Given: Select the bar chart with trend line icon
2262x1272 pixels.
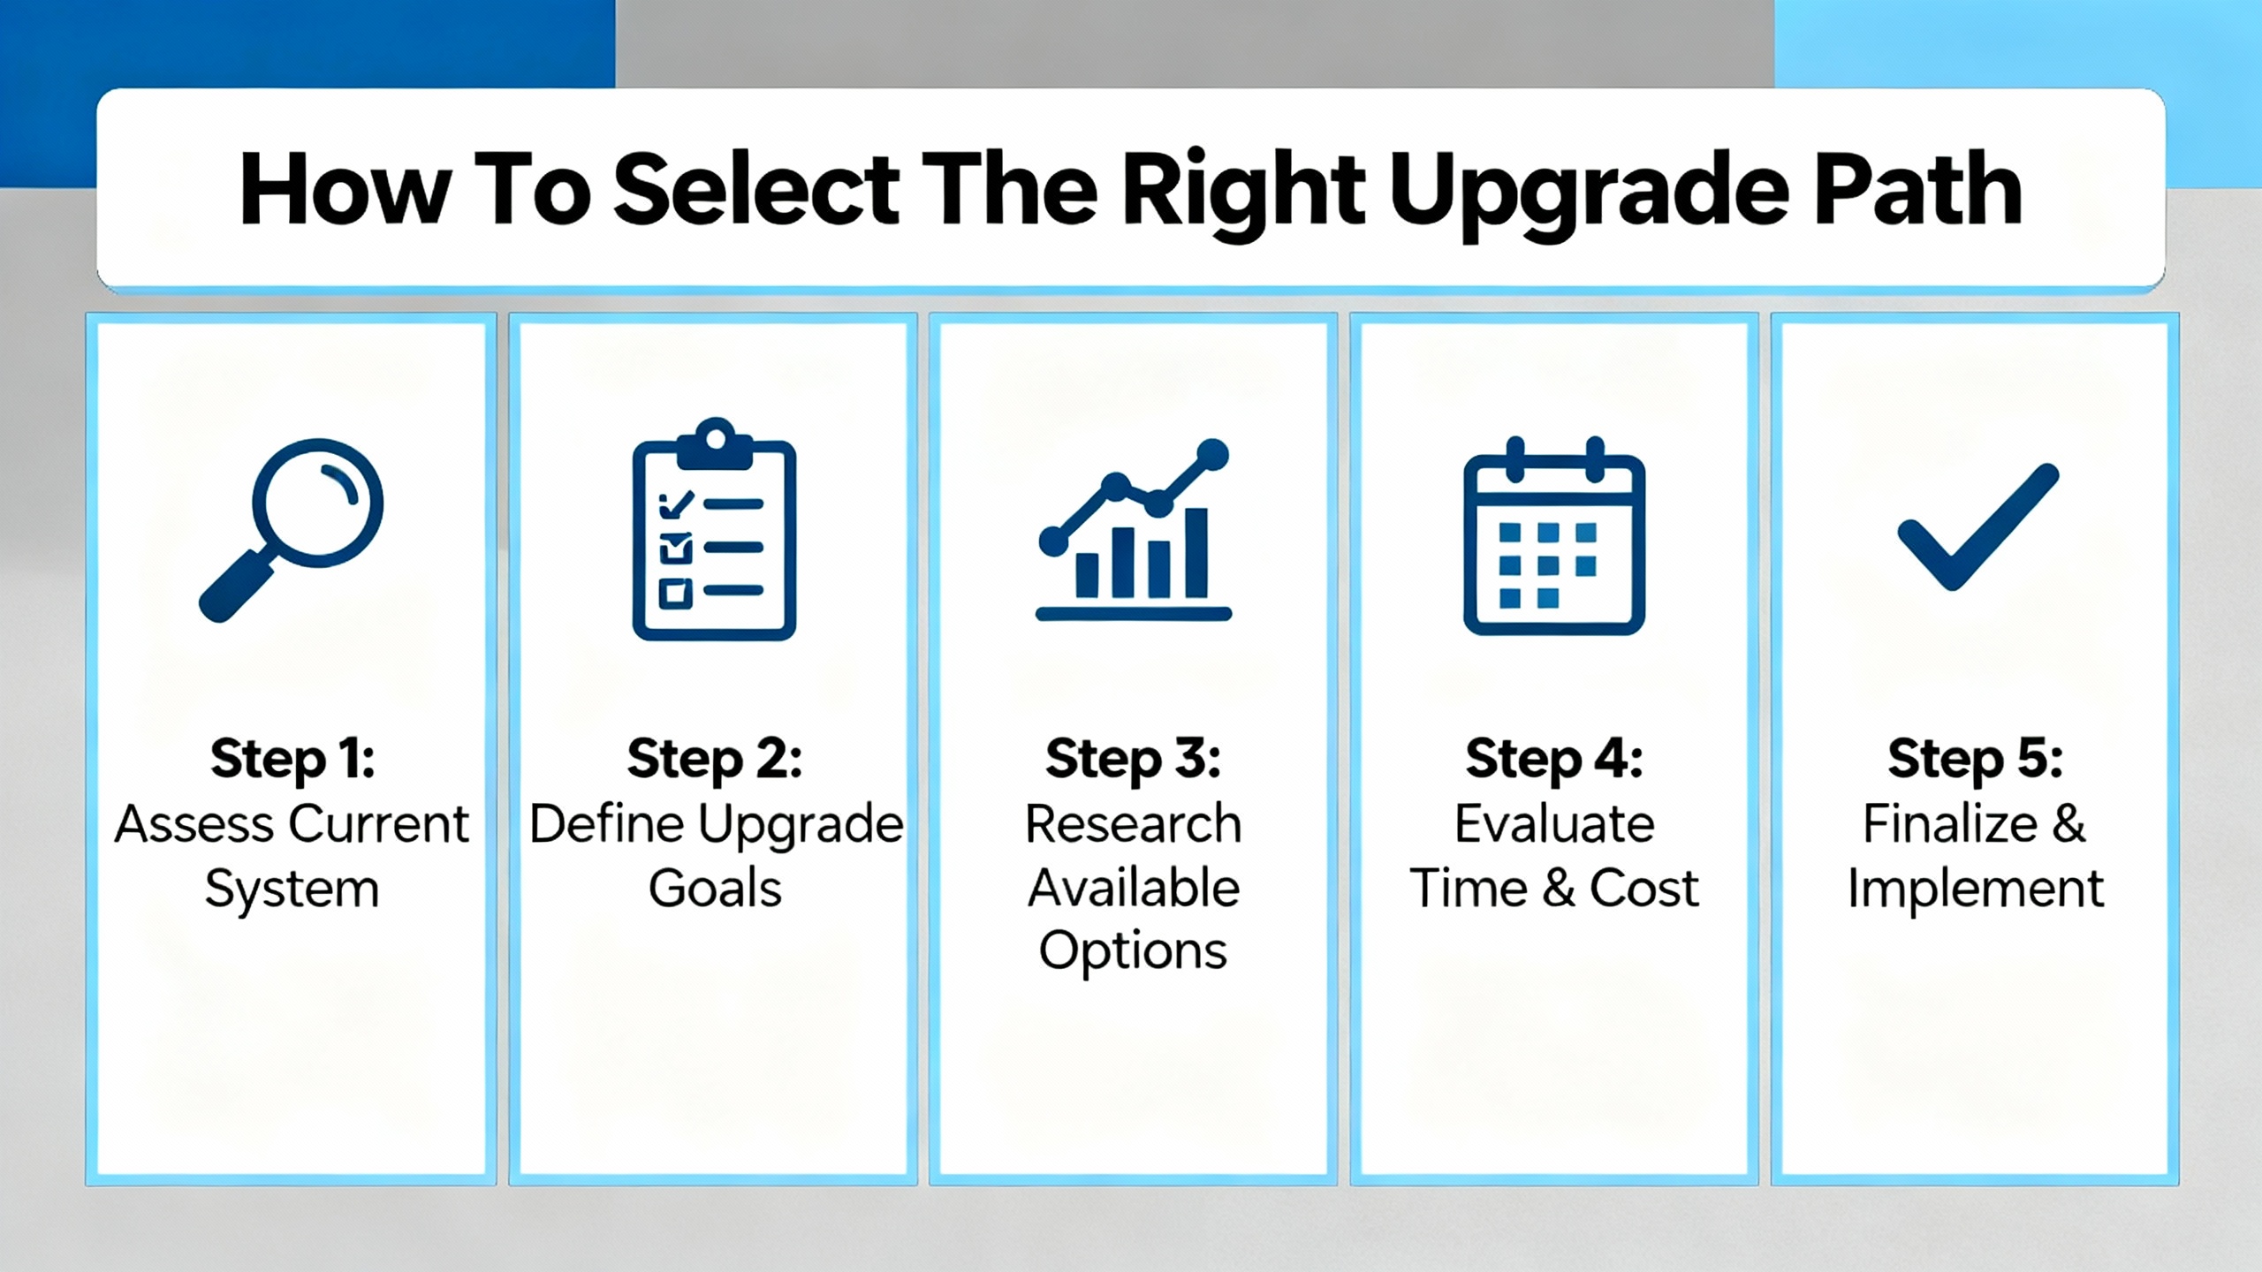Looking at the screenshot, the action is coord(1134,529).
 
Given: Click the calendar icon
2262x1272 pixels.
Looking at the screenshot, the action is coord(1554,535).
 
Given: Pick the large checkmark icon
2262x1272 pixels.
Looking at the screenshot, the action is coord(1978,526).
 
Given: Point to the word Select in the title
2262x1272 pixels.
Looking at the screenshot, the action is coord(756,189).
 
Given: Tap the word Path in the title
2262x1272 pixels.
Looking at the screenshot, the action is coord(1917,188).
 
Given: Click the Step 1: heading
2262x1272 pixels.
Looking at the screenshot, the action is coord(292,759).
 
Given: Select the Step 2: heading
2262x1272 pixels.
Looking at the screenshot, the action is coord(715,759).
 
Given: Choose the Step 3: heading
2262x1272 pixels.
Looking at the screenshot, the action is coord(1134,759).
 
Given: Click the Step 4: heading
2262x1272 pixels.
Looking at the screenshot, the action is coord(1554,759).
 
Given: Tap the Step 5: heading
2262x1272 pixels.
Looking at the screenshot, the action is coord(1976,759).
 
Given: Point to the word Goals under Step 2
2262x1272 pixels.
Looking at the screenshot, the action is coord(715,888).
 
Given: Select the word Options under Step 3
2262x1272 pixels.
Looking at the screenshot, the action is coord(1134,952).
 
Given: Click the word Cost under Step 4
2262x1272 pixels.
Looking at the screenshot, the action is coord(1644,888).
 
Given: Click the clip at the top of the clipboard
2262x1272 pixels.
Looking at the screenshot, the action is coord(715,445).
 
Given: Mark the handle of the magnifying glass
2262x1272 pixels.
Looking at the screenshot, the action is coord(237,586).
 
